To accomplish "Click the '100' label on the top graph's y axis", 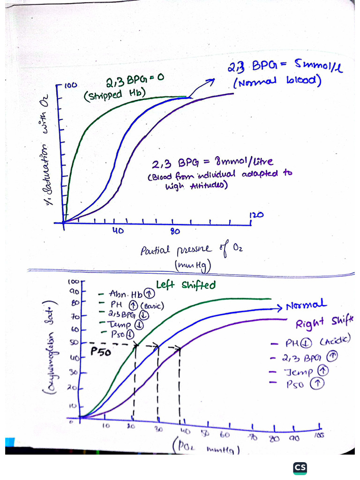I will [70, 86].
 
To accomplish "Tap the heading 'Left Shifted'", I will [186, 285].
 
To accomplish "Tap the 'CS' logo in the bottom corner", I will [300, 467].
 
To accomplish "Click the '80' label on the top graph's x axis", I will [175, 231].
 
